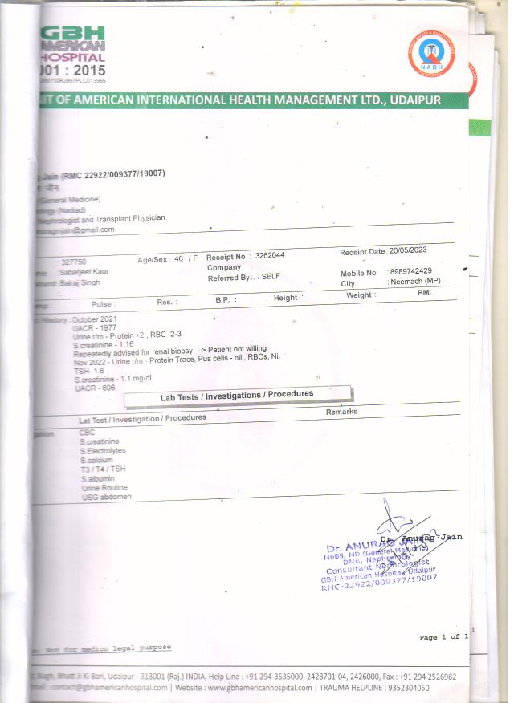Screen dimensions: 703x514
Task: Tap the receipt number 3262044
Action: (269, 255)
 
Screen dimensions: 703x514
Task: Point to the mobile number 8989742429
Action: (410, 272)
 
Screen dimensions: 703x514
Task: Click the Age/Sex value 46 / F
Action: (186, 258)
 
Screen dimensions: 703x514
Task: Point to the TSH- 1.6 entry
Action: (89, 371)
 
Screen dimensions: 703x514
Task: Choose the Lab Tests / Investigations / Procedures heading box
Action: (237, 394)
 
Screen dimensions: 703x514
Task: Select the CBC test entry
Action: (87, 432)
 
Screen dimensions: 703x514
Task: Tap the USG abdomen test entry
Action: (106, 497)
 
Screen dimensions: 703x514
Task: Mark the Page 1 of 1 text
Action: (443, 637)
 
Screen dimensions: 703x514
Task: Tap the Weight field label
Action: (359, 295)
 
